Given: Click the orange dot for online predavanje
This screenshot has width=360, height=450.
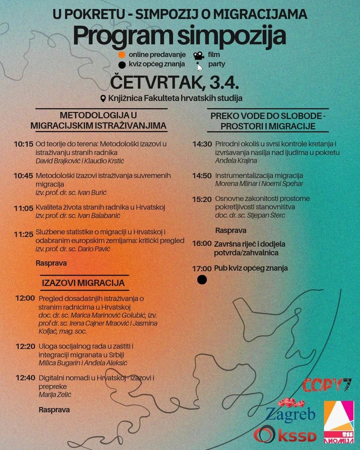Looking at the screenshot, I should point(122,55).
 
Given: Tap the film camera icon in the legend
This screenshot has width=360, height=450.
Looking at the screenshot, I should point(199,55).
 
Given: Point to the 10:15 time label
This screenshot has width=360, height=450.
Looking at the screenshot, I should point(24,144).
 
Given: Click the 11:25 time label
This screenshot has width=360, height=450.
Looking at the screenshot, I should point(24,234).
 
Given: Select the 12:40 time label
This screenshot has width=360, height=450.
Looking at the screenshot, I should point(25,378).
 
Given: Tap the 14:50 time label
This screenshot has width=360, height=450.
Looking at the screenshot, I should point(202,176).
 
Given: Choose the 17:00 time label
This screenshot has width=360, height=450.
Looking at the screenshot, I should point(202,268).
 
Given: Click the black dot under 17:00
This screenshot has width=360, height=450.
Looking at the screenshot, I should point(202,280).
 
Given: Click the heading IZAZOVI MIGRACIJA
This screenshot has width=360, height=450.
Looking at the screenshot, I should point(83,283).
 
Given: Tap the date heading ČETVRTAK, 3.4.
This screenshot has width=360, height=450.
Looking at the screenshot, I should point(174,83).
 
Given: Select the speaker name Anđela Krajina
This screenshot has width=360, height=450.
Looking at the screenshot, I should point(236,161).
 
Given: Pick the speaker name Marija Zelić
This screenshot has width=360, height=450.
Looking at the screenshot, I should point(55,395).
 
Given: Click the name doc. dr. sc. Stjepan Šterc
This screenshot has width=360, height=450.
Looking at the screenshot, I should point(250,215).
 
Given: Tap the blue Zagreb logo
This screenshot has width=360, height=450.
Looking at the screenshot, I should point(290,414).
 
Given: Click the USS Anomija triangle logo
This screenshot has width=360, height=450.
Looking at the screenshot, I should point(339,423).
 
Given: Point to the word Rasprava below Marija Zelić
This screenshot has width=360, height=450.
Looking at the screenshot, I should point(54,410).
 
